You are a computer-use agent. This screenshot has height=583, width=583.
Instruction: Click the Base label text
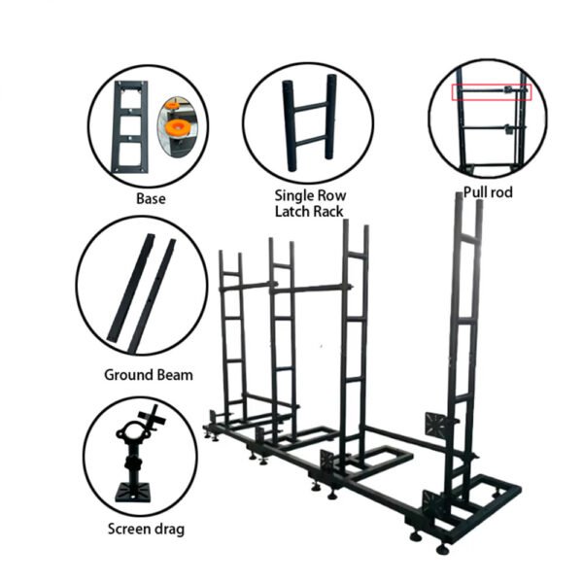(151, 198)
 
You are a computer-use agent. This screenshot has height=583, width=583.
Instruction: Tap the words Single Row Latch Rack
(310, 203)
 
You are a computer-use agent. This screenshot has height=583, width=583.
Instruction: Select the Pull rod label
(488, 192)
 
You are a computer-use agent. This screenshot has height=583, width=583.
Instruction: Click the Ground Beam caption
(149, 375)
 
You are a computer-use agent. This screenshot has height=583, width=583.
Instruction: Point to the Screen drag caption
(146, 530)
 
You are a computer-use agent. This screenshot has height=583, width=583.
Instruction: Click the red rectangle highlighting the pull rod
(492, 85)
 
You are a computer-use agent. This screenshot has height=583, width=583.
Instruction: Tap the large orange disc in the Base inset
(178, 127)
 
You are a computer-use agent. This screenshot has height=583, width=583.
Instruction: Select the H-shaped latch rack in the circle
(309, 122)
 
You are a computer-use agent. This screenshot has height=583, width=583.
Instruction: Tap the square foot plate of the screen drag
(133, 493)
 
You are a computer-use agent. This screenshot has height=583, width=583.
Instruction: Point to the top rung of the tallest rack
(469, 238)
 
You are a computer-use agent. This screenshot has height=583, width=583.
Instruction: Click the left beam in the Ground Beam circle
(130, 288)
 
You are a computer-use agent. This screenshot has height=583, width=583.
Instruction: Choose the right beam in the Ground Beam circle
(152, 296)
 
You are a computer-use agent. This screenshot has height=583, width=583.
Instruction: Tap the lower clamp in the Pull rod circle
(508, 128)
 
